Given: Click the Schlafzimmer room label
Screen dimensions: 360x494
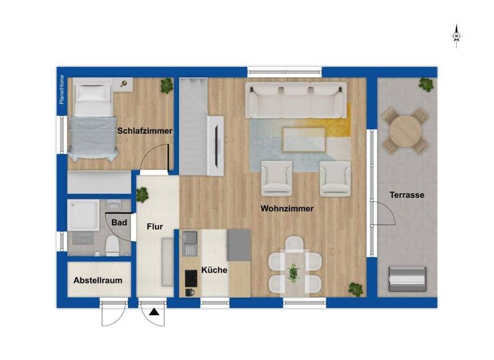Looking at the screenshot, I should [x=145, y=131].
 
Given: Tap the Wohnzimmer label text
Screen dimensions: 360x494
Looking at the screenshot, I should [x=287, y=209].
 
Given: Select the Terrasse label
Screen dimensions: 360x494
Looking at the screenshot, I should [x=407, y=195].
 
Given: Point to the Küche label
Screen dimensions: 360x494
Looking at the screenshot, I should [x=214, y=270].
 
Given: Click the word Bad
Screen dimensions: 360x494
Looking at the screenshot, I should [x=119, y=223].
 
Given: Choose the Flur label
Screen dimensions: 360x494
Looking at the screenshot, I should [x=154, y=227].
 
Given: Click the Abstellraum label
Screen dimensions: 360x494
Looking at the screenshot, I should [x=98, y=281].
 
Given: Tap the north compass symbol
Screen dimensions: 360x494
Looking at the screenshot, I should [x=457, y=35].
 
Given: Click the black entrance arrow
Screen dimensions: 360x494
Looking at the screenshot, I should [x=154, y=313].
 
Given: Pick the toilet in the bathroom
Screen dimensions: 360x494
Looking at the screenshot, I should [x=112, y=245].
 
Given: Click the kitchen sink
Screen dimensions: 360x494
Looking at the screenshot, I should [x=190, y=242].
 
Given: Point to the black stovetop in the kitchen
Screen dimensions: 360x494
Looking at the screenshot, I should [x=191, y=277].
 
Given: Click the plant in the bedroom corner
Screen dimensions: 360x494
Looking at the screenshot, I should [x=167, y=84].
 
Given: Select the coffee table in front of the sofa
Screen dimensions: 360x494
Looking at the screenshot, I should [x=304, y=138].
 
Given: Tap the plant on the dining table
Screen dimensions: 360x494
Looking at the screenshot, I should [x=293, y=272].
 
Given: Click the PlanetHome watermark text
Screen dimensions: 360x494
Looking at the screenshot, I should [x=62, y=90].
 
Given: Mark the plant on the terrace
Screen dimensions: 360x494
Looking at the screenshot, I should [x=426, y=84].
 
